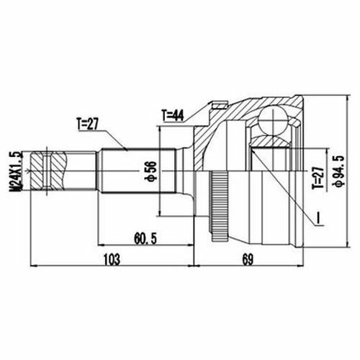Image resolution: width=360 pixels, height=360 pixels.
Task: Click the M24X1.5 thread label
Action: [x=16, y=171]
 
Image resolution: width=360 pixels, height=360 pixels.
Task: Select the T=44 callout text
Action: [x=173, y=115]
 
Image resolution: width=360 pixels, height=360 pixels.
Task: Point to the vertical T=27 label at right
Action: [x=318, y=178]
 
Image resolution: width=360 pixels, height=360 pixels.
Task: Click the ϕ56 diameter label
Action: [x=152, y=171]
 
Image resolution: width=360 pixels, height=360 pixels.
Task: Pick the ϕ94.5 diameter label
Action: [x=339, y=171]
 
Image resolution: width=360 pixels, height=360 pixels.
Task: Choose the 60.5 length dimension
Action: [x=145, y=239]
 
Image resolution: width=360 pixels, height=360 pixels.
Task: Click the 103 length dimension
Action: [x=112, y=259]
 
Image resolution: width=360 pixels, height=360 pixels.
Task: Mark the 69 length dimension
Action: [x=248, y=259]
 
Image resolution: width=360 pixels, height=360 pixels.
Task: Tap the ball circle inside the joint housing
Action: [x=273, y=120]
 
